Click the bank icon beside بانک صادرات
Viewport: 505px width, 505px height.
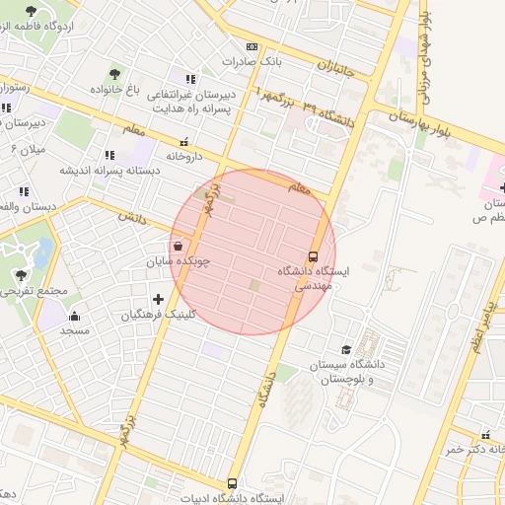click(251, 46)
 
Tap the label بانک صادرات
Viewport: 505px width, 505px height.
click(252, 61)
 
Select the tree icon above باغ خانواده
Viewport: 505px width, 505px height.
click(115, 73)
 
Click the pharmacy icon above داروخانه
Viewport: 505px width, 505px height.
click(183, 142)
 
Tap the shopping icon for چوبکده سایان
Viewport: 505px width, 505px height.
click(178, 247)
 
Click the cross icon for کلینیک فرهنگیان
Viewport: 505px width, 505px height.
click(158, 299)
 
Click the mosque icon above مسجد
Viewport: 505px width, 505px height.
click(74, 316)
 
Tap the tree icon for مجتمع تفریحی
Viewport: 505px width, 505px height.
click(22, 275)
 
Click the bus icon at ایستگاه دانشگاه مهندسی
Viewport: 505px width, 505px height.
click(314, 254)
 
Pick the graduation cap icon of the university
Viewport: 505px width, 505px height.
click(345, 349)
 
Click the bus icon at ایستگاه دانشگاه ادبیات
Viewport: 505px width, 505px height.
click(233, 483)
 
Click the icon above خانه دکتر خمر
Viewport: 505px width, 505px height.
click(484, 435)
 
